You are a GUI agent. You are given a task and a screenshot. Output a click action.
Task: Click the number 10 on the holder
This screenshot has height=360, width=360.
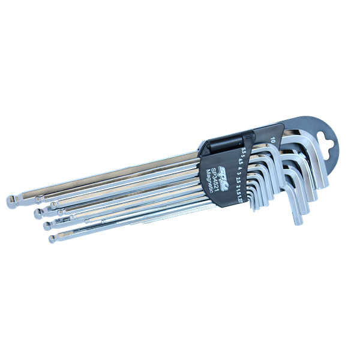pos(273,140)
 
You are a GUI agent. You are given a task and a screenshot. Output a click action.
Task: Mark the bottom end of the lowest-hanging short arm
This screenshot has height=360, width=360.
pos(298,223)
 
